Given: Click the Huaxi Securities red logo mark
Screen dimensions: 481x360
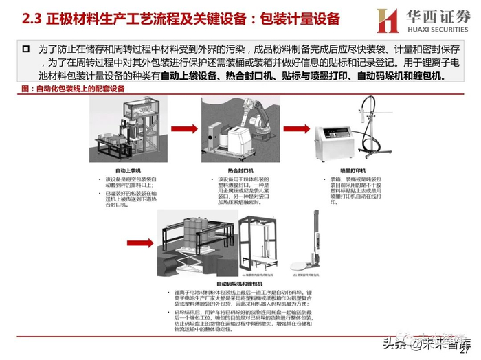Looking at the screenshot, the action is click(x=387, y=21).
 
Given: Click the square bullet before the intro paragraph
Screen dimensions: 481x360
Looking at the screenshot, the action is click(x=26, y=49).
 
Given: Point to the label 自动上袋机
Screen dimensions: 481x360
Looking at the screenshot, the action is click(x=128, y=170).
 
